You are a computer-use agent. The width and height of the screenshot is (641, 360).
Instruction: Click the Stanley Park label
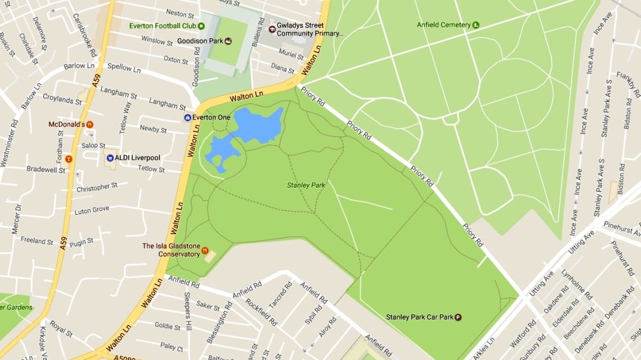306,185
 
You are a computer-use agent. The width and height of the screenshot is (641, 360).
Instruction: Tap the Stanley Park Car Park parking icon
458,317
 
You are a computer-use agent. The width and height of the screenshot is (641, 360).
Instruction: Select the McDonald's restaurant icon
90,125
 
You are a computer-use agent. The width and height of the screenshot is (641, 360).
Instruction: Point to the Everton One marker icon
187,117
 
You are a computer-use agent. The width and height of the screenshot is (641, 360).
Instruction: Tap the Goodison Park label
200,41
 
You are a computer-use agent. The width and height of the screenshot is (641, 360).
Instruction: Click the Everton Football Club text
163,26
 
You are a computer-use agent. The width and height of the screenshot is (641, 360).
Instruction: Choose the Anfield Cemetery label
443,25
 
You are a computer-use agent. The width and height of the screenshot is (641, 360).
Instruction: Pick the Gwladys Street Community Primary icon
272,29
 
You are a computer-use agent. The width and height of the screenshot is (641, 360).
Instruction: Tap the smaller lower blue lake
220,152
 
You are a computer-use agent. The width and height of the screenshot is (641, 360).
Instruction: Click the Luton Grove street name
92,210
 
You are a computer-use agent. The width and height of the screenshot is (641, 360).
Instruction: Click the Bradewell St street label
46,170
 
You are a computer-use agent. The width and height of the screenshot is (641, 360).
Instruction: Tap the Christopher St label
97,188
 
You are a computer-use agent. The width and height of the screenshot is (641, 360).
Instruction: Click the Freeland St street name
37,240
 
